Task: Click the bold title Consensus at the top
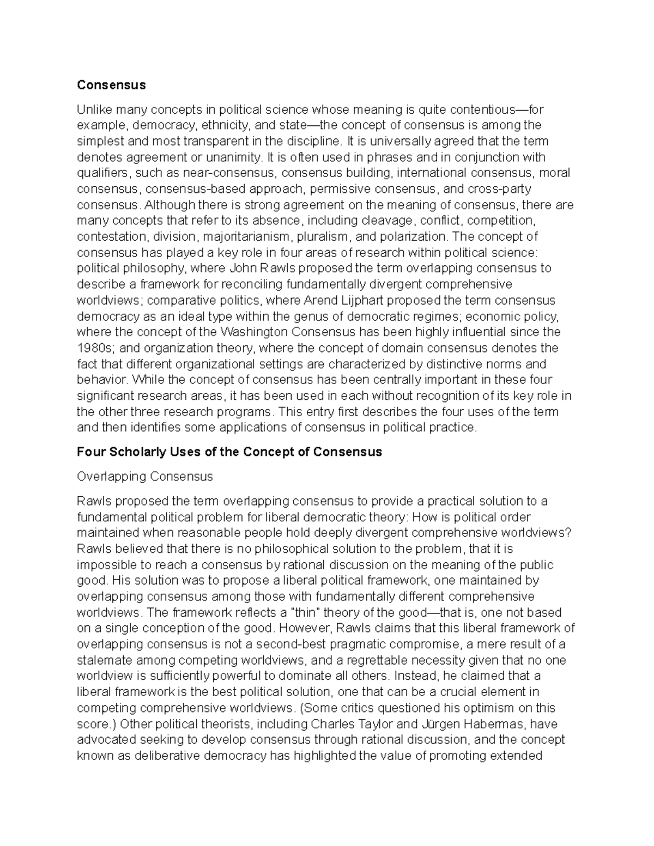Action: (x=111, y=85)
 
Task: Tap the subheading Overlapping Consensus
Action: (x=144, y=477)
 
